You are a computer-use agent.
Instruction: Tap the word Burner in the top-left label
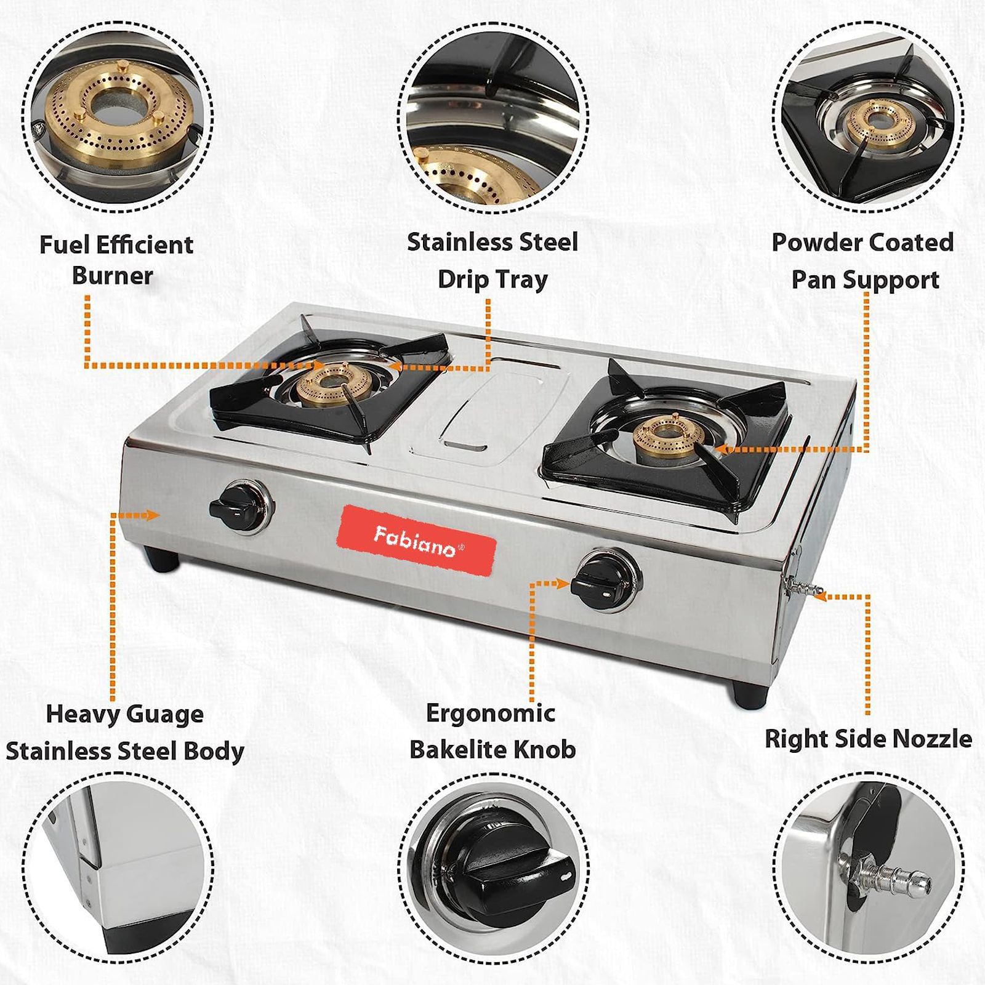point(112,275)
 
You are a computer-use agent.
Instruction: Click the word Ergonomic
point(490,714)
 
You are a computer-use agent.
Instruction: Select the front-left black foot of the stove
point(162,559)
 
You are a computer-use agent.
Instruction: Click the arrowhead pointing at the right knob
point(562,583)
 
